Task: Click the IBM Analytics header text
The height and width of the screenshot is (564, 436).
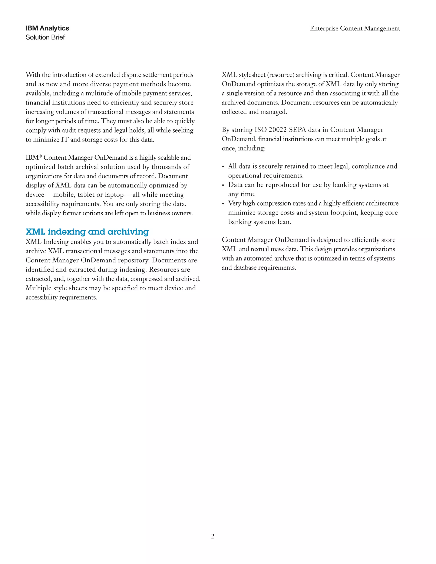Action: (x=47, y=28)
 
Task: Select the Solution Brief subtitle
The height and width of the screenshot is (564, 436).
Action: (x=45, y=37)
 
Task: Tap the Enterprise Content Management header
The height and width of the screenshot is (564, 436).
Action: (x=355, y=28)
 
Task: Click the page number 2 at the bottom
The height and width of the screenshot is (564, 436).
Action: (x=213, y=536)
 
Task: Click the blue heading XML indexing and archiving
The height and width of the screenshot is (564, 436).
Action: (x=87, y=232)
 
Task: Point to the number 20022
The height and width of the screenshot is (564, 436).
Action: (x=278, y=130)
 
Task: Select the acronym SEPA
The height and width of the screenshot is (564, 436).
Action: (x=297, y=130)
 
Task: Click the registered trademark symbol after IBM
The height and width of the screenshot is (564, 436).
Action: (x=40, y=156)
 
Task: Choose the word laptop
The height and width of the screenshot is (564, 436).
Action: (x=114, y=195)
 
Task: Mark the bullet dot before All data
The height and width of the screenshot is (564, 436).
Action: (x=223, y=167)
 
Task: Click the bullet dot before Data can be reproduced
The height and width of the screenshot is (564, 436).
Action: (x=223, y=186)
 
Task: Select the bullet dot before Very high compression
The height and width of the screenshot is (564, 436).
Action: (x=223, y=204)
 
